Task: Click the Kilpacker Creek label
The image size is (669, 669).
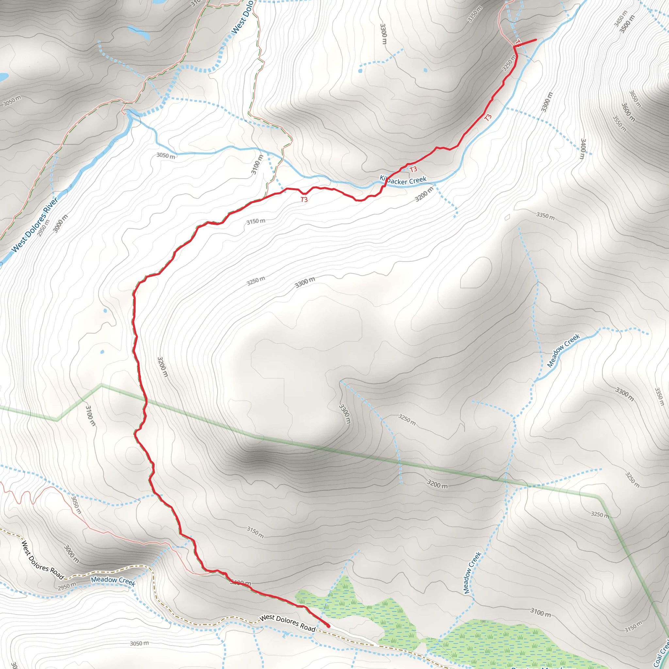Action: (x=403, y=180)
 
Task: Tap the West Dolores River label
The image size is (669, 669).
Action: (x=35, y=225)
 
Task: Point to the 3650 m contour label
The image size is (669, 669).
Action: (x=635, y=99)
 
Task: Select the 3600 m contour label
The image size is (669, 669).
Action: (x=628, y=112)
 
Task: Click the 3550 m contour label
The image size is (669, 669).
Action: (x=620, y=123)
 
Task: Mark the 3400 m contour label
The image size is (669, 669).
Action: (x=583, y=149)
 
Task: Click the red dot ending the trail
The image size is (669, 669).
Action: (x=328, y=626)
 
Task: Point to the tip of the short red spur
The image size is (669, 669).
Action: (x=536, y=40)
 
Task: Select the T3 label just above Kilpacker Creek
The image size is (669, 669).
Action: (x=414, y=169)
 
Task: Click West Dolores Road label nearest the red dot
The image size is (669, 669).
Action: (x=287, y=623)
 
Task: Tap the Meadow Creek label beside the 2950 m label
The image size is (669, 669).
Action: (x=113, y=581)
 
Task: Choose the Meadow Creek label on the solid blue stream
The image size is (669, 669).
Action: (x=563, y=350)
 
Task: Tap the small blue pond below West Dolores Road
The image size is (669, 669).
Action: (x=286, y=634)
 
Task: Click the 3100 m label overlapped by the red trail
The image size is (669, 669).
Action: (x=240, y=583)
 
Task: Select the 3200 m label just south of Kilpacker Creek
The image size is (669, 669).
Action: (x=424, y=194)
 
